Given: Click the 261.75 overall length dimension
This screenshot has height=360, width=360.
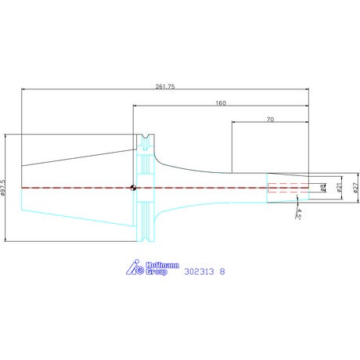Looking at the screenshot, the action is (165, 87).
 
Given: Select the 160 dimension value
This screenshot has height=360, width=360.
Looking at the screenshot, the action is (221, 103).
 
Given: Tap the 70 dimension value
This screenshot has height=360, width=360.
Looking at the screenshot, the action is (271, 120).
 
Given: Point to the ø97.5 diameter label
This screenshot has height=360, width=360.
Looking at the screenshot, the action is (3, 188).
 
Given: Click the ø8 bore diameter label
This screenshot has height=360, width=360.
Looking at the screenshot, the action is (323, 188).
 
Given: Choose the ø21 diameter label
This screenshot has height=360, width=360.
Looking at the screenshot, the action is (339, 188).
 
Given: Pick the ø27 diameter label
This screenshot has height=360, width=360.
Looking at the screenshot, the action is (355, 188).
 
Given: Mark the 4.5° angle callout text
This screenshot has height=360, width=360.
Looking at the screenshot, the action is (299, 214).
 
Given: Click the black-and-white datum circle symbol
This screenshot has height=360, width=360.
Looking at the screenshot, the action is (133, 188).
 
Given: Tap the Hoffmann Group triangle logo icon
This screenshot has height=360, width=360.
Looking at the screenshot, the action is (135, 267).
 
